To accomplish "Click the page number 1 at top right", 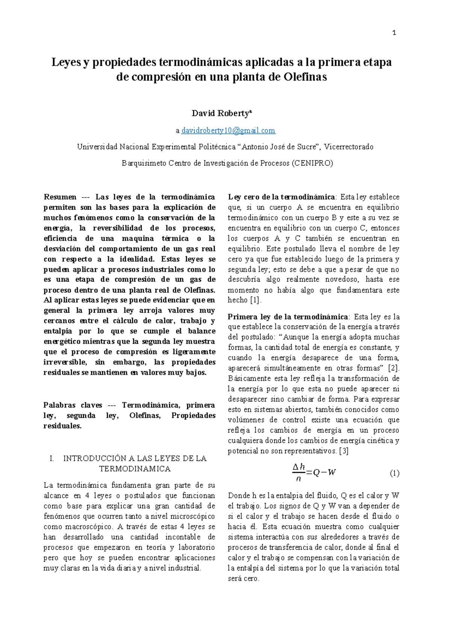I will coord(394,33).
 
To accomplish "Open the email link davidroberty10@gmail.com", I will coord(228,131).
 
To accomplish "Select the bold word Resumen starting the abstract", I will coord(60,197).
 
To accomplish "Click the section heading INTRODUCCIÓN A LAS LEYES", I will coord(135,458).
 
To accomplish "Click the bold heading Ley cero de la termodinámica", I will coord(281,197).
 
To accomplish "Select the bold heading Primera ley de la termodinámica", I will coord(288,317).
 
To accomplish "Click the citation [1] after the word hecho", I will coord(255,300).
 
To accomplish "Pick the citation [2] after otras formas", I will coord(393,368).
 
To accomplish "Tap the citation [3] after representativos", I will coord(344,451).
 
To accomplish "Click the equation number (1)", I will coord(394,473).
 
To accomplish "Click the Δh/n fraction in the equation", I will coord(298,472).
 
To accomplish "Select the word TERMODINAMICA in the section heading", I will coord(135,469).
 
